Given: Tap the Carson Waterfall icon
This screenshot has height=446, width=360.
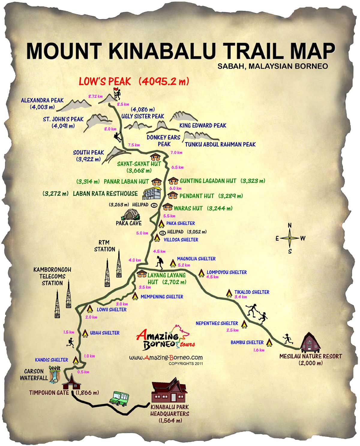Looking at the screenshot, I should pyautogui.click(x=55, y=376).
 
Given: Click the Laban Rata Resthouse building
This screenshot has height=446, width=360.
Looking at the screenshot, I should pyautogui.click(x=152, y=193).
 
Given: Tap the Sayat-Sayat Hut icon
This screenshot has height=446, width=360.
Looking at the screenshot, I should pyautogui.click(x=155, y=157).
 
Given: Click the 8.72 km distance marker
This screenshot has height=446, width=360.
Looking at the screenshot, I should pyautogui.click(x=95, y=96).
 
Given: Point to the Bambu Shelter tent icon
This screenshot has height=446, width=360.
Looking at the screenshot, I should pyautogui.click(x=269, y=342).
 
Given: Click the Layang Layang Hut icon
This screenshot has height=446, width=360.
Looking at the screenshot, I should pyautogui.click(x=142, y=274).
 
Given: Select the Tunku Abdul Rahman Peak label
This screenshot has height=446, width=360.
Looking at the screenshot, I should pyautogui.click(x=220, y=144).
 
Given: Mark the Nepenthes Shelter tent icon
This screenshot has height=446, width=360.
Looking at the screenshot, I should pyautogui.click(x=244, y=324).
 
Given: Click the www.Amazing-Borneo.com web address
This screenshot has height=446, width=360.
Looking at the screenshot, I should pyautogui.click(x=166, y=357).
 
